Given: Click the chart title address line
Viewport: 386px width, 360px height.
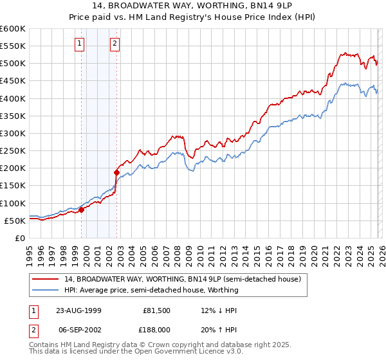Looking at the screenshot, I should point(193,6).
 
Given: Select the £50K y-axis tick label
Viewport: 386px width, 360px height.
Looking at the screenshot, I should point(15,221).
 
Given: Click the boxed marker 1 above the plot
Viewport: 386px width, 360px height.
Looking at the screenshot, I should point(79,44).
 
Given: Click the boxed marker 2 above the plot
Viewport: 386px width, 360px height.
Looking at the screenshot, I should point(115,44).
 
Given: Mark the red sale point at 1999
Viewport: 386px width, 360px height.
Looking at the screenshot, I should point(82,210).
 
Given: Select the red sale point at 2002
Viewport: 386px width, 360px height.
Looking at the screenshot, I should point(116,172).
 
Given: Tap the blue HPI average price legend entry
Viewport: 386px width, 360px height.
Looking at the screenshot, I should point(151,290).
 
